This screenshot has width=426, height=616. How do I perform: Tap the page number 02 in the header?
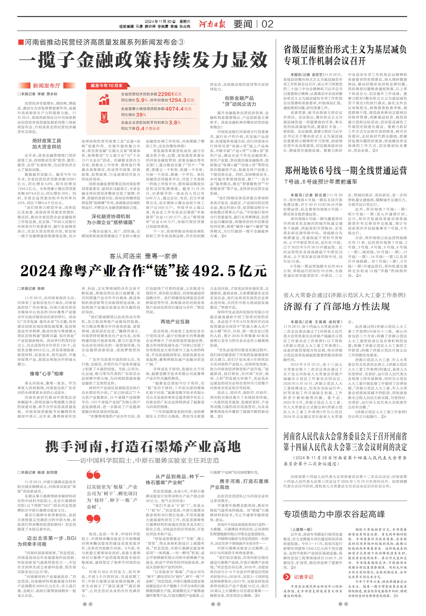(x=267, y=24)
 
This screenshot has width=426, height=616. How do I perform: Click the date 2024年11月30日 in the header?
(x=160, y=22)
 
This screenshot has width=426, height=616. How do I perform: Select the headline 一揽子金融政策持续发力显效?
(x=143, y=60)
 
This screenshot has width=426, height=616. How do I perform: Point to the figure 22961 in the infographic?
(x=166, y=94)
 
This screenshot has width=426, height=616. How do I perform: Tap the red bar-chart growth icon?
(x=104, y=100)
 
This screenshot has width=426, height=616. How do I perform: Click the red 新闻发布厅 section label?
(x=46, y=86)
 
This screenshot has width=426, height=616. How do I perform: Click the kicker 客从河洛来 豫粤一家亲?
(x=143, y=256)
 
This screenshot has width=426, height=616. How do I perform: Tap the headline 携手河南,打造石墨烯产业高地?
(x=143, y=446)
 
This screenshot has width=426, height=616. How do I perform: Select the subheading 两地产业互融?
(x=175, y=322)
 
